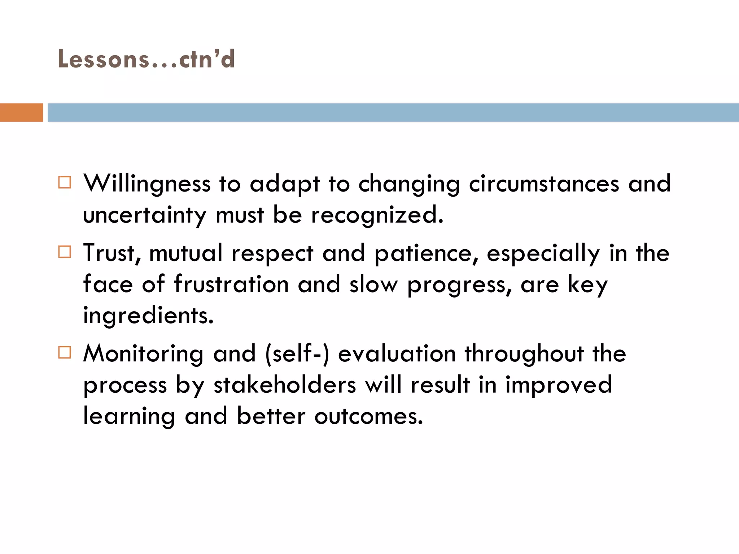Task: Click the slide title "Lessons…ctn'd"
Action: tap(146, 59)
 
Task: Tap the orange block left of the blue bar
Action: tap(21, 113)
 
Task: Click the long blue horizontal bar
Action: tap(393, 113)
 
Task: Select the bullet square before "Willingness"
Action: tap(65, 183)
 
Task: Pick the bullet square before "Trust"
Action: tap(65, 252)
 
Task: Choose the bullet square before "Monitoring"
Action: tap(65, 352)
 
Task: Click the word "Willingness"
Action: tap(147, 184)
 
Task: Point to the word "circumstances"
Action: tap(544, 184)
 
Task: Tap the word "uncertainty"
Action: tap(145, 215)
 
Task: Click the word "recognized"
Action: tap(377, 215)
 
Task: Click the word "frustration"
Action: tap(231, 284)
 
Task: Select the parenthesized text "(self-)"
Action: tap(297, 354)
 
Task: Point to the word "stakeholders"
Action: tap(285, 385)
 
